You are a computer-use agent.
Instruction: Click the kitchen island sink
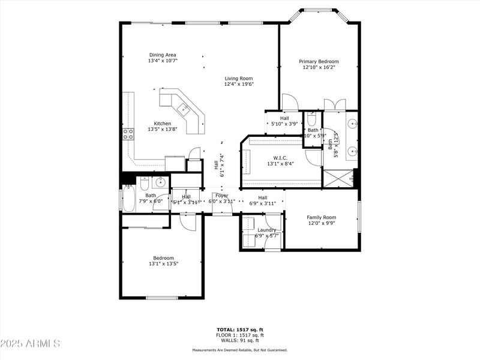(184, 109)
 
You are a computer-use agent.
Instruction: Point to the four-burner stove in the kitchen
(128, 134)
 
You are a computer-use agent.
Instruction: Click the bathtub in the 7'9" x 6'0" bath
(129, 199)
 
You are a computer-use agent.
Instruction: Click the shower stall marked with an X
(338, 179)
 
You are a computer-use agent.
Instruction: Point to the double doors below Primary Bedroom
(335, 105)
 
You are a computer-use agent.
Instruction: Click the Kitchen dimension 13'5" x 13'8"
(163, 130)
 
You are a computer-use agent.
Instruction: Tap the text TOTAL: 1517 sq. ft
(239, 329)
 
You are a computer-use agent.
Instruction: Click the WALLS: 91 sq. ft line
(239, 340)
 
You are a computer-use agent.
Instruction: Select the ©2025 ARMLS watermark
(30, 344)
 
